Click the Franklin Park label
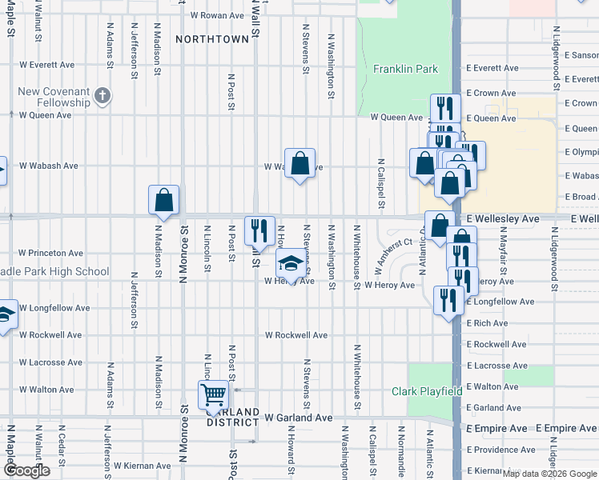click(x=405, y=69)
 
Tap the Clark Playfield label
click(x=427, y=391)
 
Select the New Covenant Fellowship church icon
click(x=102, y=97)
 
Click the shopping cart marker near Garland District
click(x=214, y=394)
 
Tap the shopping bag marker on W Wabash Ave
click(x=299, y=164)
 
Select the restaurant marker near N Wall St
click(x=259, y=231)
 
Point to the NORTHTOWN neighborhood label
click(x=212, y=38)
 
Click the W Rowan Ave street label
click(x=216, y=15)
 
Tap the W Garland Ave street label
click(x=298, y=418)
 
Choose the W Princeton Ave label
click(x=50, y=253)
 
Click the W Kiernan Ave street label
click(x=142, y=466)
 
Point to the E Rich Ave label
click(x=488, y=323)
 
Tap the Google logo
click(x=26, y=470)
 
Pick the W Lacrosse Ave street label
click(x=51, y=362)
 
